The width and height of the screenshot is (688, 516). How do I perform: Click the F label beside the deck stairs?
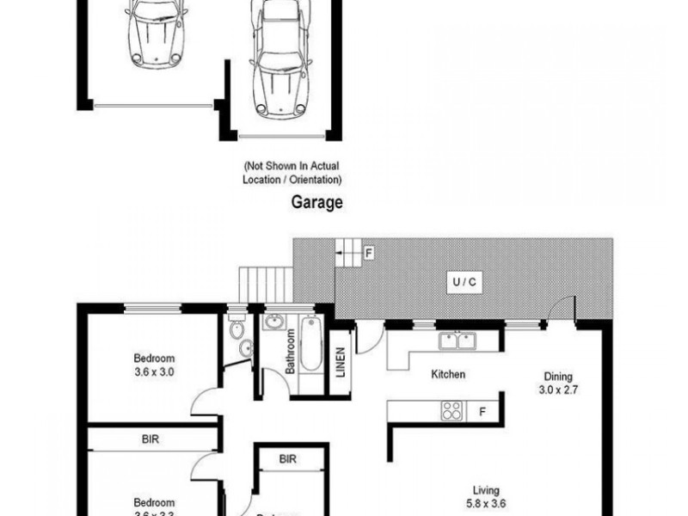pyautogui.click(x=368, y=253)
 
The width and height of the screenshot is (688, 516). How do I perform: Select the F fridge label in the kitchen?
pyautogui.click(x=483, y=411)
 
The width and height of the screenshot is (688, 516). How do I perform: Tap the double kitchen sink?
pyautogui.click(x=457, y=342)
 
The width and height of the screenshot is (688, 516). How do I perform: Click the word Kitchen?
pyautogui.click(x=448, y=374)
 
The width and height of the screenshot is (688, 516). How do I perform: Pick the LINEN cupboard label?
pyautogui.click(x=341, y=364)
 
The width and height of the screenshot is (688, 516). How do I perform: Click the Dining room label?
pyautogui.click(x=558, y=376)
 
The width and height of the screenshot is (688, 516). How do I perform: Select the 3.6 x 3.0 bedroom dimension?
pyautogui.click(x=154, y=372)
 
